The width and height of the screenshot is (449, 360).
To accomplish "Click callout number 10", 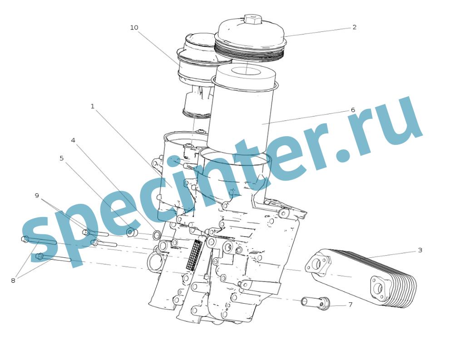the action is [x=134, y=28].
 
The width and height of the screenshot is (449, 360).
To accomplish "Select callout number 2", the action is [x=355, y=27].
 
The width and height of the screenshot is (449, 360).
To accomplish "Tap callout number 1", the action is [x=92, y=106].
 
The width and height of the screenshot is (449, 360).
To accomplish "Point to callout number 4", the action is [x=73, y=140].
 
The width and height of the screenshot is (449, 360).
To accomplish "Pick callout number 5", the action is [x=62, y=158].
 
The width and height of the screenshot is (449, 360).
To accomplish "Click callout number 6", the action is [x=353, y=110].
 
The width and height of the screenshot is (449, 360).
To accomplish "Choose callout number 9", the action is [x=37, y=196].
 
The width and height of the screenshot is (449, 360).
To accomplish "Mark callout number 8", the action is [x=13, y=281].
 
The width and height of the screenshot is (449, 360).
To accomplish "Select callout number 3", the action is [x=420, y=250].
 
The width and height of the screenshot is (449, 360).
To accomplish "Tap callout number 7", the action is [x=350, y=305].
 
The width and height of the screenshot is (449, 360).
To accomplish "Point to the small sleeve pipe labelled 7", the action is [x=315, y=303].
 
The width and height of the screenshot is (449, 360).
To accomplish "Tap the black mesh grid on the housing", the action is [x=194, y=255].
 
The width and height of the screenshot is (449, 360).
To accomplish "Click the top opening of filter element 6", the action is [x=245, y=71].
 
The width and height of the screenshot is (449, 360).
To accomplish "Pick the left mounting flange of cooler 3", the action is [x=318, y=264].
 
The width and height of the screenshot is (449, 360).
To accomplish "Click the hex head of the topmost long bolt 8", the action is [x=25, y=239].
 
